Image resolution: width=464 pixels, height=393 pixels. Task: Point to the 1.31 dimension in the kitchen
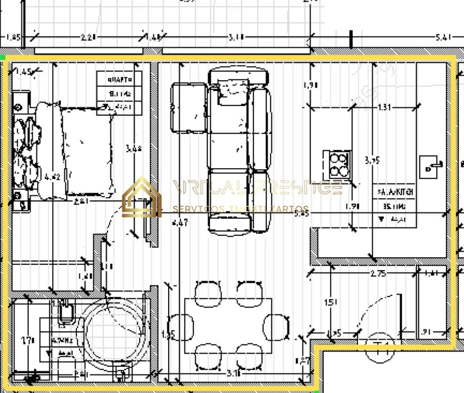(x=384, y=108)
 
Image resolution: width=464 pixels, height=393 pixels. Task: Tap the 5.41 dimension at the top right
(x=444, y=38)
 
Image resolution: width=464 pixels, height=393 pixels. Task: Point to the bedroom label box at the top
(x=119, y=93)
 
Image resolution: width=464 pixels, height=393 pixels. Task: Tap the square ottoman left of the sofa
(x=188, y=108)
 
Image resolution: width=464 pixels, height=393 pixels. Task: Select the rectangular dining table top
(x=228, y=325)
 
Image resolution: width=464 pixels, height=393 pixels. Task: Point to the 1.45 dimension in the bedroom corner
(x=24, y=72)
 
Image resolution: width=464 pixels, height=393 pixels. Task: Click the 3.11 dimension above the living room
(x=236, y=38)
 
